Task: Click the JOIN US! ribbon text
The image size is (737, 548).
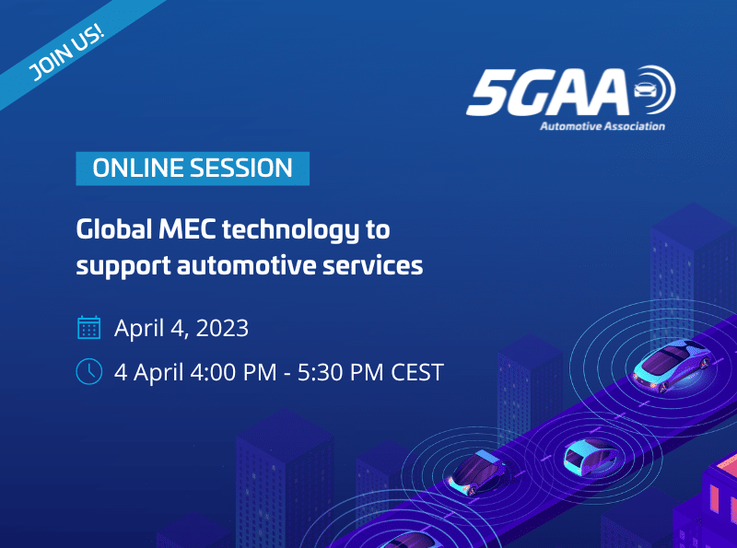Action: (x=65, y=52)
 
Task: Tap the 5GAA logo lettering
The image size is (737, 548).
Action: (x=547, y=92)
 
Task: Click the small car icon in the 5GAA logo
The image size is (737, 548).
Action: (x=646, y=89)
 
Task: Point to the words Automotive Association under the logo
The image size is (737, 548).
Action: (x=602, y=126)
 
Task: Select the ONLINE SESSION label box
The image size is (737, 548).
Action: (x=193, y=169)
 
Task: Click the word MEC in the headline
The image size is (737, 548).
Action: (x=187, y=230)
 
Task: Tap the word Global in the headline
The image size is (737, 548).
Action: (x=114, y=230)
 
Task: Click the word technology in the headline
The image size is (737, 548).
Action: (x=290, y=231)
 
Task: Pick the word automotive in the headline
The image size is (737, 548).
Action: (x=246, y=265)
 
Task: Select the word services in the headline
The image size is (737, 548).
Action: (x=373, y=265)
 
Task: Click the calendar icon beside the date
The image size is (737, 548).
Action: (x=88, y=327)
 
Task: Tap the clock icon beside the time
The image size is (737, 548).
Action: (x=88, y=371)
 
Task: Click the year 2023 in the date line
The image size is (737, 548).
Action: (x=222, y=328)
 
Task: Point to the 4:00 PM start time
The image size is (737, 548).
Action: (x=234, y=373)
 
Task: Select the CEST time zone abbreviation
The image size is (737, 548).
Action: (x=417, y=373)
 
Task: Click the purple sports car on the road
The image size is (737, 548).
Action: (x=672, y=366)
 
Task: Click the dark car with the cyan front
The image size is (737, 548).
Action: (x=476, y=472)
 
